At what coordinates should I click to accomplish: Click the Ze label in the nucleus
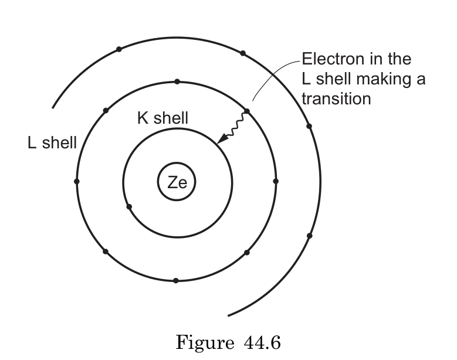point(176,182)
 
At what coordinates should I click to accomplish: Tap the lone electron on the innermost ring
point(129,206)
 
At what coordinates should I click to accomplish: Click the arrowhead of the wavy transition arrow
point(221,140)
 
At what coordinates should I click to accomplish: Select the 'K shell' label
point(163,118)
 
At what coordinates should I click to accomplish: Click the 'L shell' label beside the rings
point(52,142)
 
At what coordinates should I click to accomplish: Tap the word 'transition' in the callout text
point(336,98)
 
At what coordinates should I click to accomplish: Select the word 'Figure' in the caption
point(204,341)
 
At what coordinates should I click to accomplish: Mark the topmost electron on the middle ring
point(177,81)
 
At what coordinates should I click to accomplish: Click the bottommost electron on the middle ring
point(176,280)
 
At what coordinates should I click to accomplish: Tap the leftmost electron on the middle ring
point(77,181)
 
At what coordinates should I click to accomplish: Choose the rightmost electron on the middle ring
point(276,181)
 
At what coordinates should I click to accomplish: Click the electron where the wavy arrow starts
point(246,111)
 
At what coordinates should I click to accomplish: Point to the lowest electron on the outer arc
point(310,236)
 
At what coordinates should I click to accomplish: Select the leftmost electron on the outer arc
point(119,49)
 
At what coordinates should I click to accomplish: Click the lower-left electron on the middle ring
point(106,252)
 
